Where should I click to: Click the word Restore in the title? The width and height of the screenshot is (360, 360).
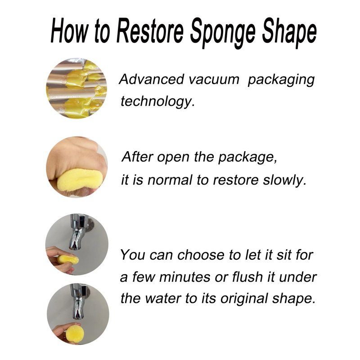150,31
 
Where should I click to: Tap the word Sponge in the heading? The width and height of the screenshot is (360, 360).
222,33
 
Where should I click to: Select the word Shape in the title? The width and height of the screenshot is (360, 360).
289,33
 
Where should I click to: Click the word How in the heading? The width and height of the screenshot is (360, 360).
69,31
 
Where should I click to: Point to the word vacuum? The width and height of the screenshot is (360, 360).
214,79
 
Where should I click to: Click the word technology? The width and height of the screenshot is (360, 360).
158,101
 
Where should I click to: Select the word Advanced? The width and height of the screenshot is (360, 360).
152,79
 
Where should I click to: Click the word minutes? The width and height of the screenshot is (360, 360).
185,277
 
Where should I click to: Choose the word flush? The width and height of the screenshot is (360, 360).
247,277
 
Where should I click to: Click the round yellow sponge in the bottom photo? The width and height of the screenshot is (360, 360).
74,333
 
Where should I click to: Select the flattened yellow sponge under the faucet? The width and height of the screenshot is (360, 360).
68,260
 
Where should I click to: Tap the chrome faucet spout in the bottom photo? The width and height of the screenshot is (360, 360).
77,301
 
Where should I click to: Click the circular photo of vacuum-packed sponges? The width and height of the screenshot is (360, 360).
76,88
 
